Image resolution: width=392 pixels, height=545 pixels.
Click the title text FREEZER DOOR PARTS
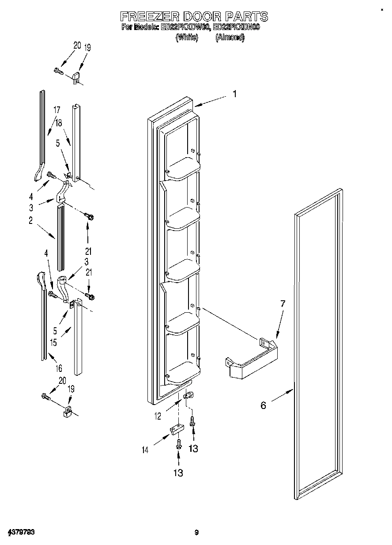[194, 16]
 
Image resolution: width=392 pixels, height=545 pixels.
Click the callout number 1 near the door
[235, 94]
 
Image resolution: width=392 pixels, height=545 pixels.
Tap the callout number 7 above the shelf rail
[283, 304]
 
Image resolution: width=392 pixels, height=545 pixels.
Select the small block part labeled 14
[176, 430]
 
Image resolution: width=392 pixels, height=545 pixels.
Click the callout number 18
[59, 125]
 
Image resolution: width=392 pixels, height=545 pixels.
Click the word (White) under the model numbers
[184, 38]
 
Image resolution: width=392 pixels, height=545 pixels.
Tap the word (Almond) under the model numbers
[230, 38]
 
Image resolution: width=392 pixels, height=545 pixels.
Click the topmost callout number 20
[77, 45]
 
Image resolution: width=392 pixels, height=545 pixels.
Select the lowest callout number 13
[177, 473]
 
